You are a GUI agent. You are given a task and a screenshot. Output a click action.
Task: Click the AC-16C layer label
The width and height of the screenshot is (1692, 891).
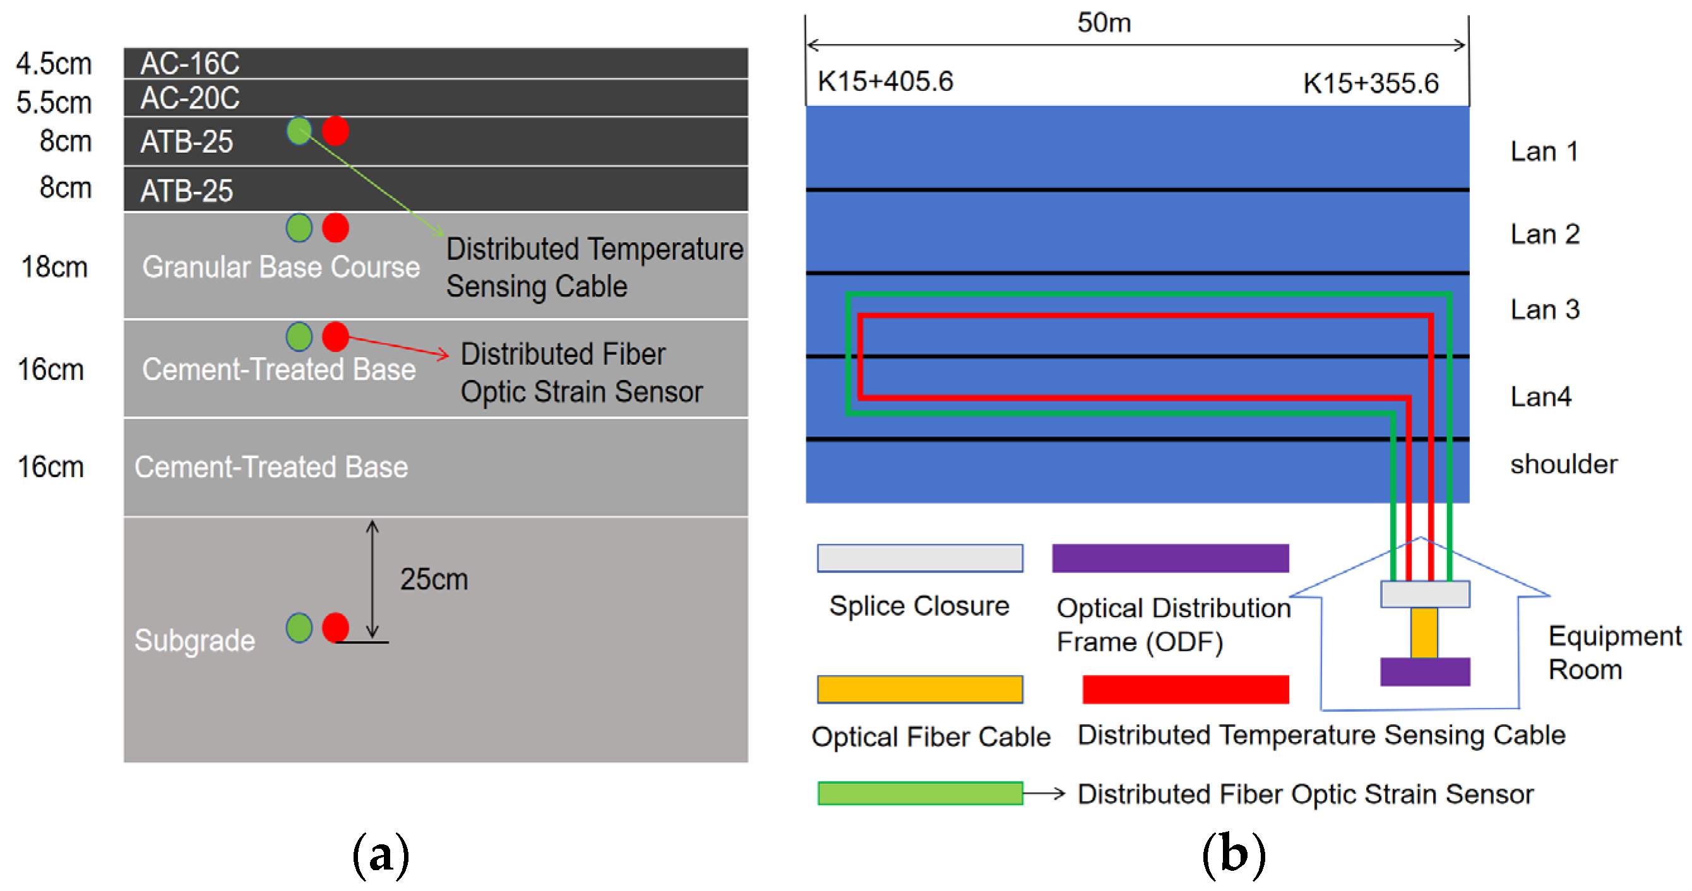(x=190, y=63)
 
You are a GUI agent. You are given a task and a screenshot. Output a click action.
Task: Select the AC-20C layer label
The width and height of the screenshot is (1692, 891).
(x=190, y=98)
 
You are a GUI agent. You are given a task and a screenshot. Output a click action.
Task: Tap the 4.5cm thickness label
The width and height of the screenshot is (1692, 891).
(x=54, y=64)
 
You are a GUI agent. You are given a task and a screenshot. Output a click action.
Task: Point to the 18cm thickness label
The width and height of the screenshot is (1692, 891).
(x=54, y=266)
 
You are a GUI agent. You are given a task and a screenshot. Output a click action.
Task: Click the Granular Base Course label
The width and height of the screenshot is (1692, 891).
(x=280, y=266)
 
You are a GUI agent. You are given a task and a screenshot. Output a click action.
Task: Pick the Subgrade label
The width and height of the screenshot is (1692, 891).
(x=194, y=640)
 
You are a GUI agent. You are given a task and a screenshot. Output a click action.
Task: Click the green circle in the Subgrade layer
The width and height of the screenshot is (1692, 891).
(x=299, y=628)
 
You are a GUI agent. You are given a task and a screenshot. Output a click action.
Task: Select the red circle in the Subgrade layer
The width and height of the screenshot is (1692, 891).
(x=336, y=627)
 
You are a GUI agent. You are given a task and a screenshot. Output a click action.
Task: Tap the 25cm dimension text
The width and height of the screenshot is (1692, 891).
(x=434, y=579)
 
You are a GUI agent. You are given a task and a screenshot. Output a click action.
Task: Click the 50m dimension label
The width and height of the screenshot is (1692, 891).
(x=1104, y=22)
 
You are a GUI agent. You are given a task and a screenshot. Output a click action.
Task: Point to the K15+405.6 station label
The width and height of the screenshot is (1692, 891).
(x=885, y=81)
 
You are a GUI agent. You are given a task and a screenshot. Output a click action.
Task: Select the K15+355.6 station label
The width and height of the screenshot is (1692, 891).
(x=1371, y=83)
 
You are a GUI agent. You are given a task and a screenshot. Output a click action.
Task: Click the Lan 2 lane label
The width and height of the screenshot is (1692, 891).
(x=1544, y=233)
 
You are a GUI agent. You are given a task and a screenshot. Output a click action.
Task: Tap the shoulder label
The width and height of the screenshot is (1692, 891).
(x=1563, y=464)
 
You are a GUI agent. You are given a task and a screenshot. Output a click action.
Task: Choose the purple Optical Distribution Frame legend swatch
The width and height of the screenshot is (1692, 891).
(x=1170, y=558)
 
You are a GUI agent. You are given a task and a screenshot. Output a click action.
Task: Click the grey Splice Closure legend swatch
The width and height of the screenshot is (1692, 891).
(x=920, y=558)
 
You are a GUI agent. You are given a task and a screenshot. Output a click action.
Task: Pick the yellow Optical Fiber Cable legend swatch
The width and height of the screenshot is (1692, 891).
(x=920, y=690)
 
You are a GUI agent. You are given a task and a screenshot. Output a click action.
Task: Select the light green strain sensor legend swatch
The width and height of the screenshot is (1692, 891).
(x=920, y=793)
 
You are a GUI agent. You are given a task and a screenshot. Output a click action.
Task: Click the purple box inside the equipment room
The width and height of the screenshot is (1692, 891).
(x=1425, y=671)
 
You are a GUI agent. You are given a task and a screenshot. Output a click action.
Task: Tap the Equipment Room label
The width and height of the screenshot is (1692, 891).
(x=1614, y=652)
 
